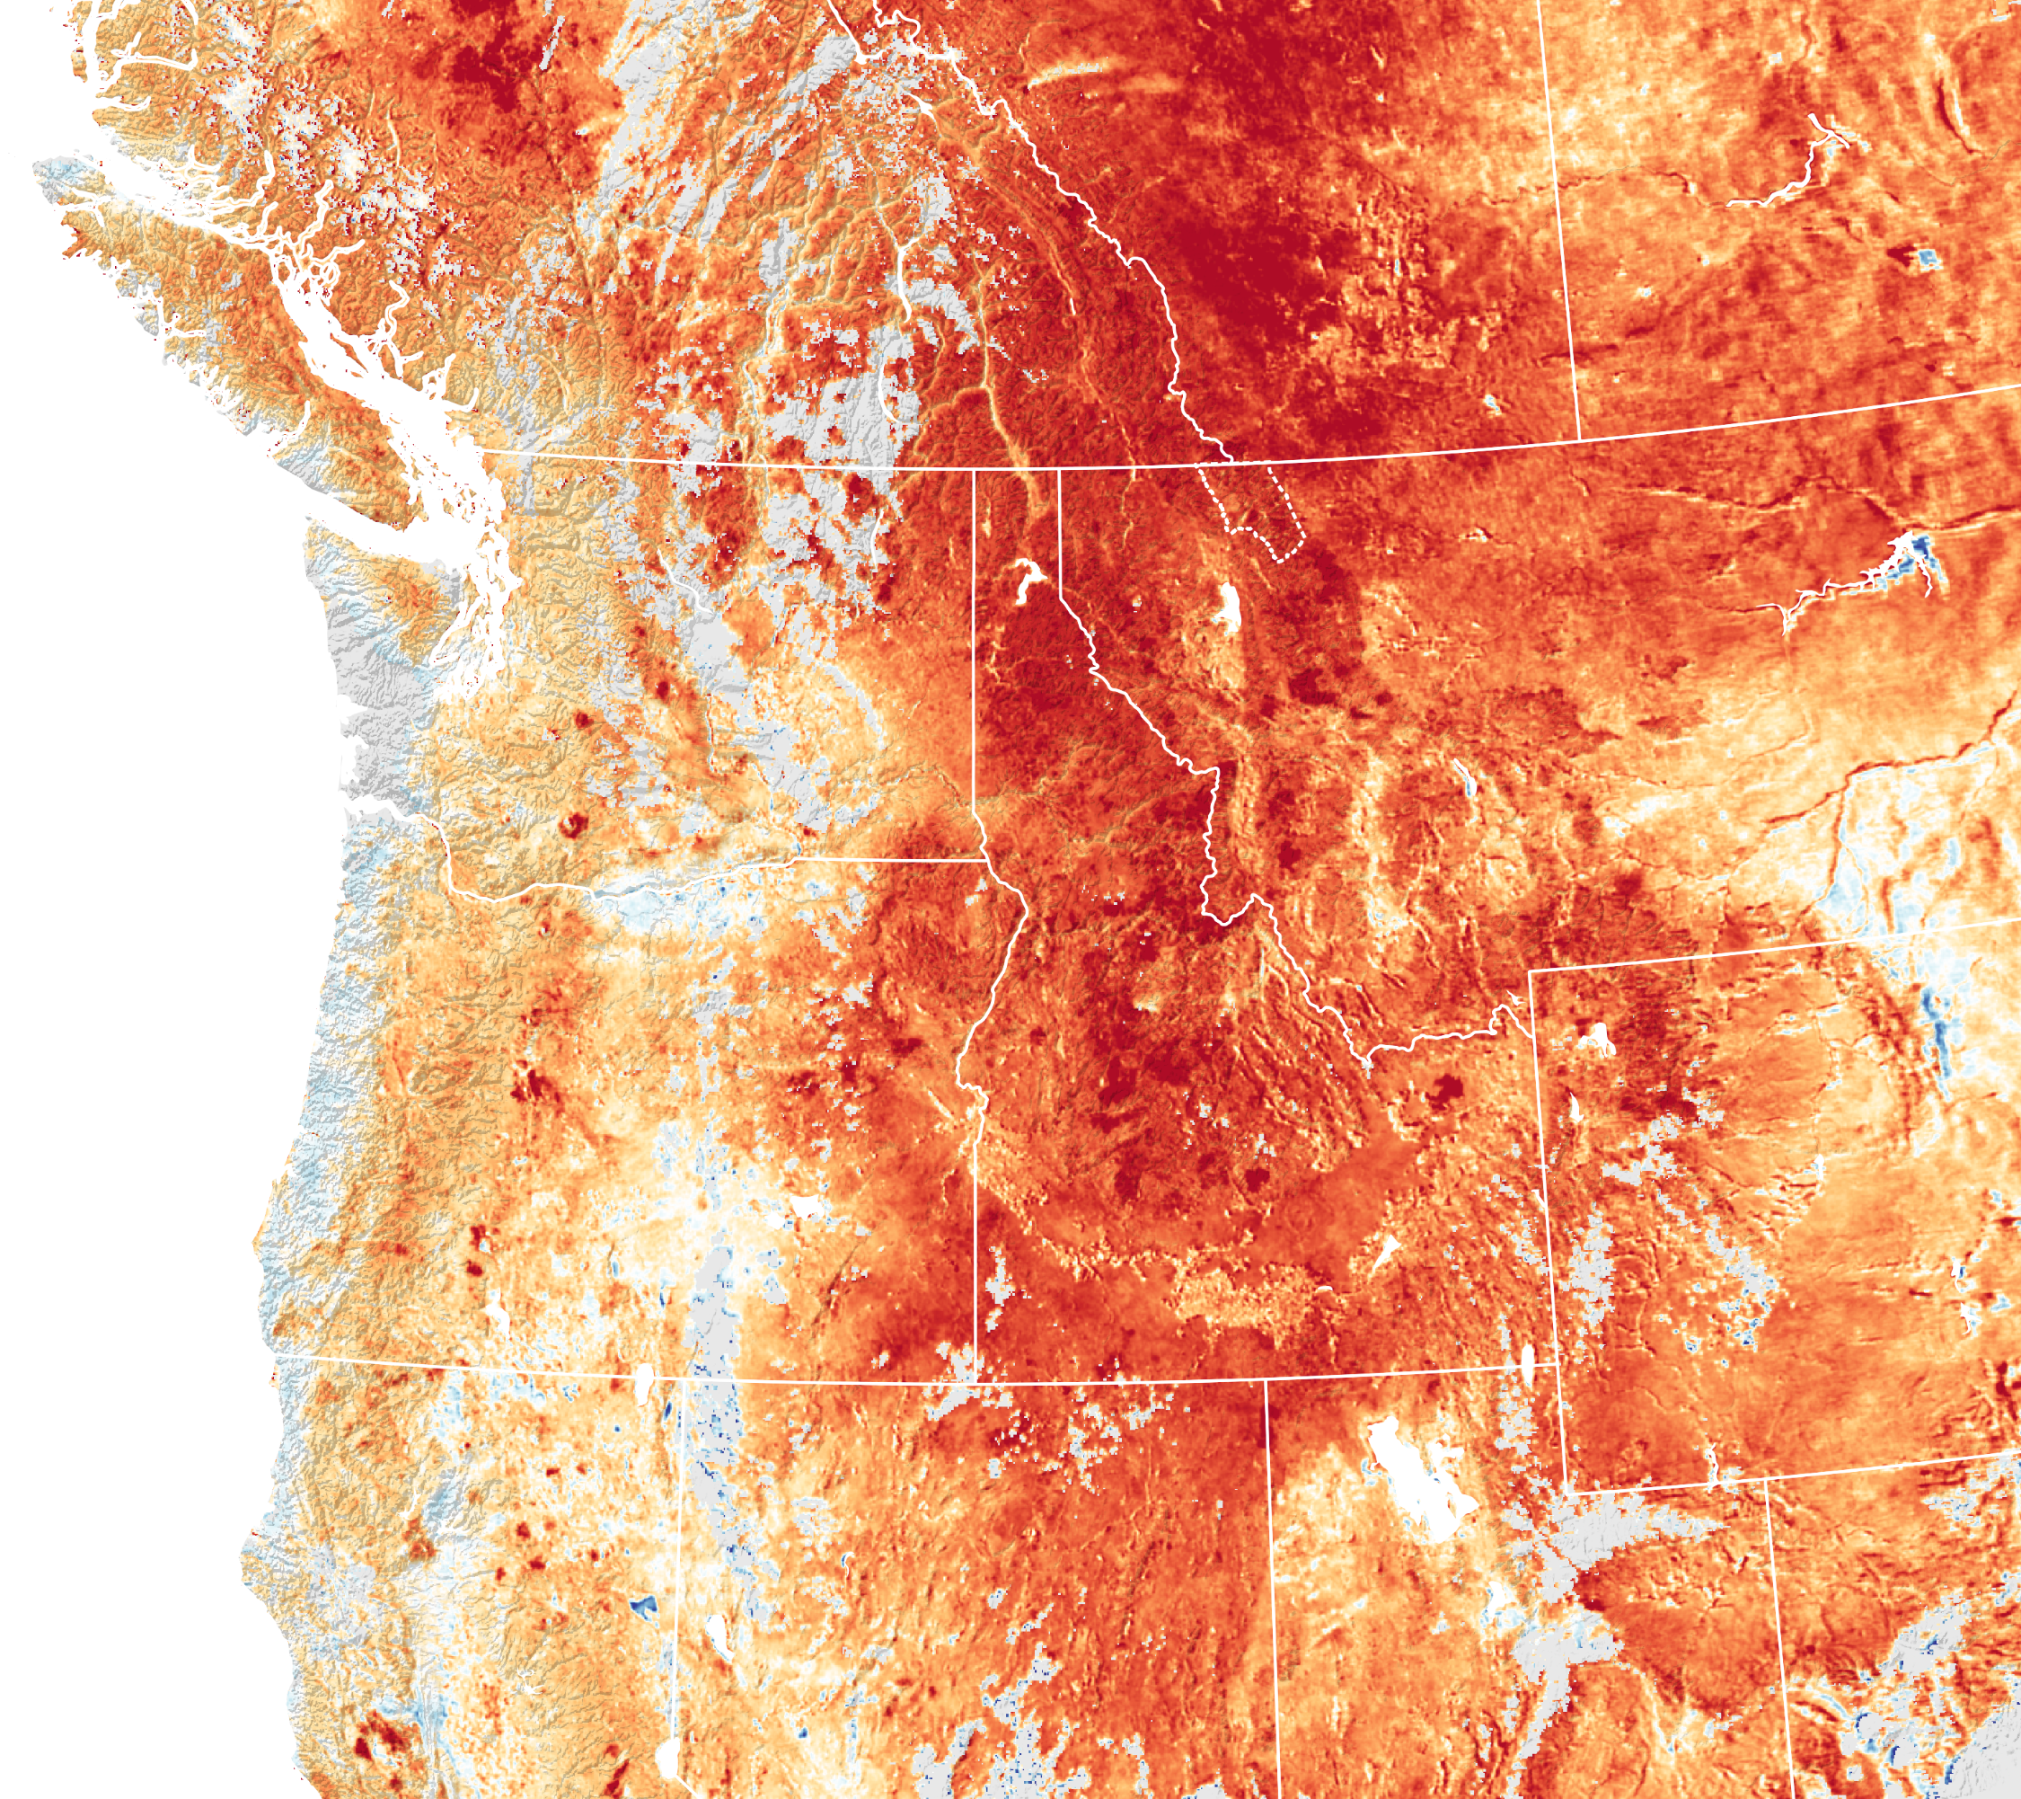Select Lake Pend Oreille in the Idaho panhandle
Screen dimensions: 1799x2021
point(1023,582)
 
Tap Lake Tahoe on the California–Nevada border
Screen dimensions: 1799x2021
point(668,1757)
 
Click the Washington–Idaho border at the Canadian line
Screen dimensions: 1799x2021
point(975,470)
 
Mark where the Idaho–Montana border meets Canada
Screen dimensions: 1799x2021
point(1059,469)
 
